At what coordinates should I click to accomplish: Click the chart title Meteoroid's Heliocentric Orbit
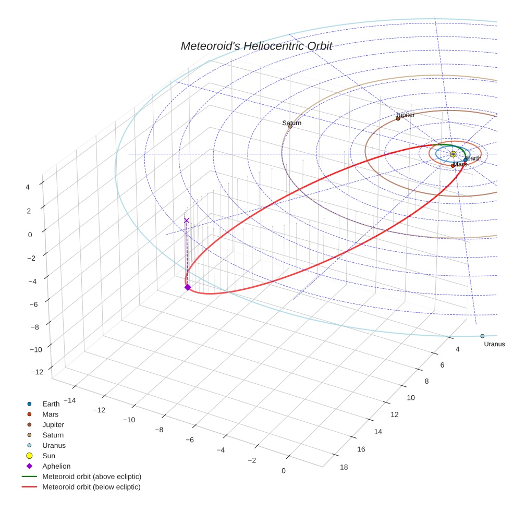click(256, 46)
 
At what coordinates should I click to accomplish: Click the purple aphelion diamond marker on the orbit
click(188, 287)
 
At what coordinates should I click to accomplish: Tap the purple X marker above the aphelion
click(187, 221)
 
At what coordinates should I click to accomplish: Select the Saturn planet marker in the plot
click(290, 126)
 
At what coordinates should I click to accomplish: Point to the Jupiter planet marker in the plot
click(398, 118)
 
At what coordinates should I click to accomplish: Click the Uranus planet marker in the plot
click(482, 336)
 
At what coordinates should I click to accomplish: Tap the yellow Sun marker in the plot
click(453, 154)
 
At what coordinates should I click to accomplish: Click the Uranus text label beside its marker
click(494, 344)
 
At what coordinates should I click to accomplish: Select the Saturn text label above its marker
click(292, 123)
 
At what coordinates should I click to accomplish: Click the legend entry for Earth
click(51, 404)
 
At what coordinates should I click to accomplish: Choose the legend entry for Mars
click(50, 414)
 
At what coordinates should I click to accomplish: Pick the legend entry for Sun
click(48, 456)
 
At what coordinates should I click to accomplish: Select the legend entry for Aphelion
click(56, 466)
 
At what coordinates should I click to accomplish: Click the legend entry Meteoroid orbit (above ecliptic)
click(92, 477)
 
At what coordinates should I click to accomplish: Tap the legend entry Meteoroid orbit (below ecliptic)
click(91, 487)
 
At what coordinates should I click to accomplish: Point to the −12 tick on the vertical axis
click(37, 372)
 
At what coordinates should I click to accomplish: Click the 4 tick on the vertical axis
click(27, 187)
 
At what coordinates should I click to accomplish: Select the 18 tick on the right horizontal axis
click(344, 467)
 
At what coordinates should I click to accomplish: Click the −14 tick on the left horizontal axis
click(68, 400)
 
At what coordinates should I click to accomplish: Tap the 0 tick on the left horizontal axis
click(284, 471)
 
